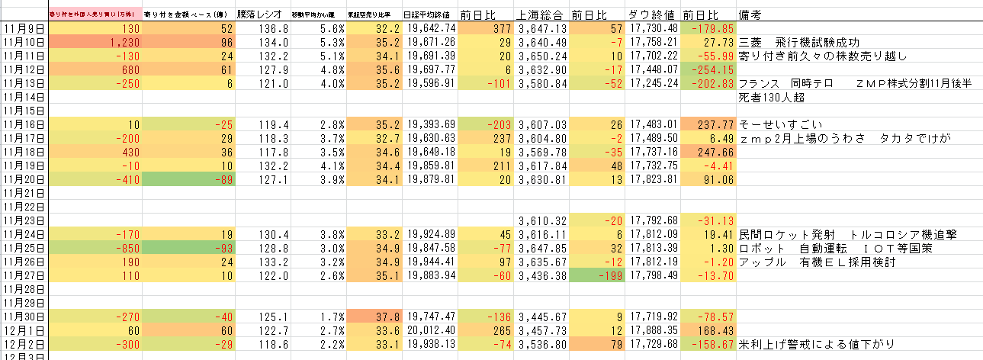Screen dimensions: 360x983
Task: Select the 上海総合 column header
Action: point(540,14)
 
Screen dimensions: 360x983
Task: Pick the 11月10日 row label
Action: point(24,42)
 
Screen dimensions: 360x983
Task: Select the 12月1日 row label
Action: point(24,330)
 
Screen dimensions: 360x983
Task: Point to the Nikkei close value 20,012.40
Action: point(432,330)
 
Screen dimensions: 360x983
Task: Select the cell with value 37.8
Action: point(374,317)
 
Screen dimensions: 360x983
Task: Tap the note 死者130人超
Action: point(777,97)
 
